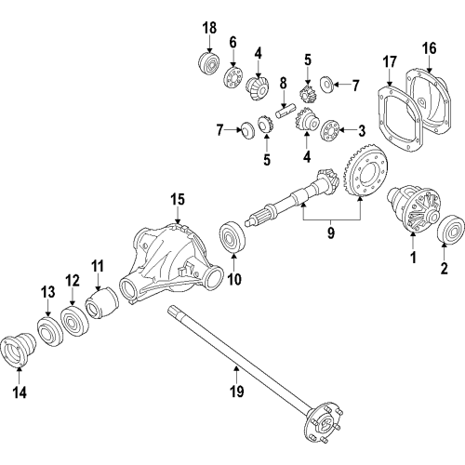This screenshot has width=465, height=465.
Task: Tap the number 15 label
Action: click(178, 199)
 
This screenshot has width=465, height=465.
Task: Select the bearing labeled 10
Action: click(230, 236)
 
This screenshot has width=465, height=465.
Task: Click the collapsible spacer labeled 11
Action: click(99, 304)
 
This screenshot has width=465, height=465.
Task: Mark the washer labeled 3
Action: click(327, 130)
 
